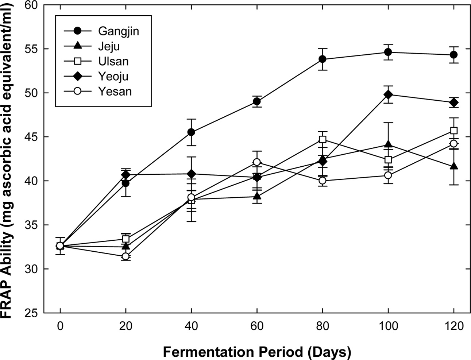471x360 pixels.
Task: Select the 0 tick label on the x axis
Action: pos(60,325)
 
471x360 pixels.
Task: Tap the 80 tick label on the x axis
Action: pos(323,325)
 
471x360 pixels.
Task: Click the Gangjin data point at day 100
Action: pos(388,52)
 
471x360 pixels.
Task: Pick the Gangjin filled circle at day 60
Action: pos(257,101)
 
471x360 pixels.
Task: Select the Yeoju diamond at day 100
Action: pos(388,95)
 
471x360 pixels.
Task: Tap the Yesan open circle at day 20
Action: pos(126,256)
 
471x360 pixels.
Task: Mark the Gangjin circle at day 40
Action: pos(191,132)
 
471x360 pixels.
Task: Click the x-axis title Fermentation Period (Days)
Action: pos(257,352)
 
